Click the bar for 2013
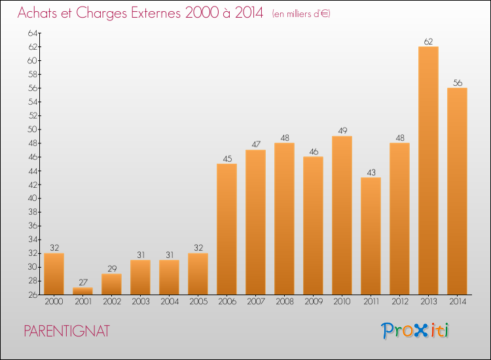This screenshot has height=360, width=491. (428, 171)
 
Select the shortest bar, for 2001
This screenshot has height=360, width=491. (82, 291)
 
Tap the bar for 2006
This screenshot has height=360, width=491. (227, 229)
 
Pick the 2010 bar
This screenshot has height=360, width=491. (342, 215)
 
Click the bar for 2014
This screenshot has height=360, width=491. (457, 191)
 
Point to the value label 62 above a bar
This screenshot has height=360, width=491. (428, 42)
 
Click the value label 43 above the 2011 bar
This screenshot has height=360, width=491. (371, 173)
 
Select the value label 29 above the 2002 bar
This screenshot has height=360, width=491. (112, 268)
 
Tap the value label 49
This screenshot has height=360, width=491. (342, 130)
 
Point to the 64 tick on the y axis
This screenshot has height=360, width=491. (33, 33)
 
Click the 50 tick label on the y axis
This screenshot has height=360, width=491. (33, 130)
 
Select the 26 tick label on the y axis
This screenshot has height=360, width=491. (33, 295)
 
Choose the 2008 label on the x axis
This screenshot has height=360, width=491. (285, 302)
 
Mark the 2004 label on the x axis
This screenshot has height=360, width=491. (170, 302)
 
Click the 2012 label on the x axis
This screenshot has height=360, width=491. (400, 302)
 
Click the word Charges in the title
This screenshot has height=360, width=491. (101, 14)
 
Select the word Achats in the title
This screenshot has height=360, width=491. (37, 13)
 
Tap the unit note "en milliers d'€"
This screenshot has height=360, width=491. (301, 14)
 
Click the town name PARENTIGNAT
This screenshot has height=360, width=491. (67, 331)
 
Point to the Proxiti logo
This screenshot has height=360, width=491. (415, 331)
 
